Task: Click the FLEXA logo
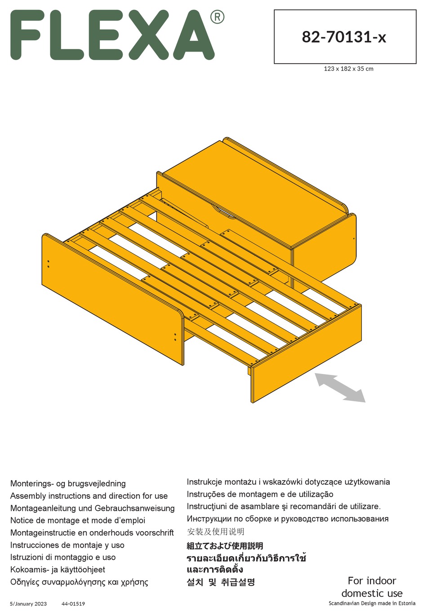tap(112, 35)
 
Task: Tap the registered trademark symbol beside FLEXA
tap(217, 17)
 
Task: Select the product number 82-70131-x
tap(344, 37)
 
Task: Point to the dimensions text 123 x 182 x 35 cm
tap(348, 69)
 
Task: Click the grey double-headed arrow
tap(340, 387)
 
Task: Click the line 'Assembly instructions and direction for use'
tap(89, 496)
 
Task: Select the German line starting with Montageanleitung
tap(92, 508)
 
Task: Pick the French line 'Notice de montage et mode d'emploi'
tap(77, 520)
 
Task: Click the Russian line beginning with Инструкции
tap(287, 519)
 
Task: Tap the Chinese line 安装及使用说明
tap(215, 532)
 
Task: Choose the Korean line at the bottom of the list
tap(221, 582)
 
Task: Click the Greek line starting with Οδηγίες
tap(79, 582)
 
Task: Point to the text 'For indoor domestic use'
tap(372, 587)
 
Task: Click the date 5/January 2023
tap(28, 603)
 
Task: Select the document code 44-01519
tap(73, 603)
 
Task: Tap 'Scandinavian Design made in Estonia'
tap(372, 603)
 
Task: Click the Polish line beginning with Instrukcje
tap(288, 482)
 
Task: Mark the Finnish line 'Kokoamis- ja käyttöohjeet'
tap(58, 569)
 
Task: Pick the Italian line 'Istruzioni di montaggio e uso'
tap(63, 557)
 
